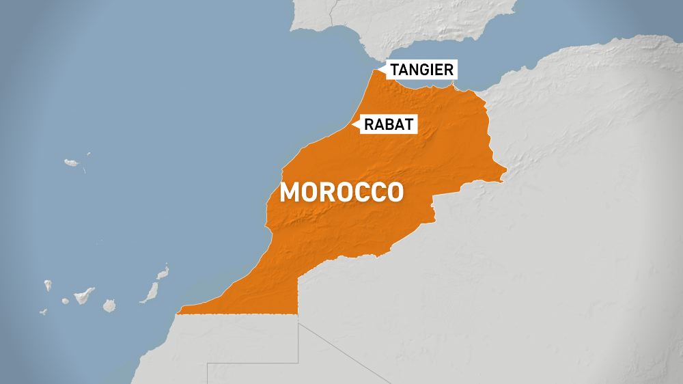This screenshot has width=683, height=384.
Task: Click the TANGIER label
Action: point(422,69)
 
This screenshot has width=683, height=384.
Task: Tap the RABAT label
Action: point(388,124)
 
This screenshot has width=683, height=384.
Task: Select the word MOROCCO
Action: point(341,192)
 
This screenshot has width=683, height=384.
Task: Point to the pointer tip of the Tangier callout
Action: point(384,69)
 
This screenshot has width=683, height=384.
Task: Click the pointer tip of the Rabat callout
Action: point(353,124)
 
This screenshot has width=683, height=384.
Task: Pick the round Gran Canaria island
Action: point(109,305)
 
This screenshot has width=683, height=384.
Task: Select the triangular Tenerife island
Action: point(83,296)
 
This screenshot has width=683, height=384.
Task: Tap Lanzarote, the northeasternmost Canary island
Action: point(163,274)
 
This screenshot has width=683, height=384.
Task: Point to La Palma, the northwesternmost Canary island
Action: point(48,285)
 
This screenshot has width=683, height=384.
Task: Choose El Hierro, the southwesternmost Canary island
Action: point(43,312)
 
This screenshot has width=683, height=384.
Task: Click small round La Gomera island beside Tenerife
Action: point(66,301)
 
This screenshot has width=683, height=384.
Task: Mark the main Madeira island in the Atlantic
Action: point(72,163)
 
